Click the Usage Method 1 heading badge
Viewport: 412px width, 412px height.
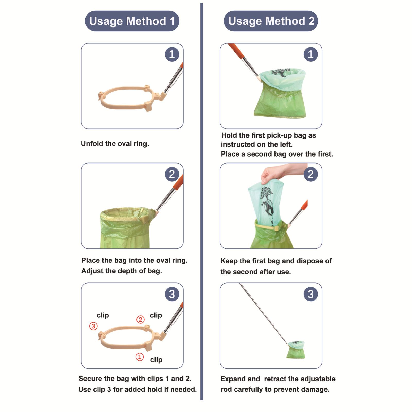tap(132, 21)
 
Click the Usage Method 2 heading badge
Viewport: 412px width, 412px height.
tap(271, 21)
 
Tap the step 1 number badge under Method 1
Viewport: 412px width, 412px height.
tap(172, 54)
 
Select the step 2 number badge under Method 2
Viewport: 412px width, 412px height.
tap(311, 174)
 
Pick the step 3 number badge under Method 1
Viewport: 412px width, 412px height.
tap(172, 294)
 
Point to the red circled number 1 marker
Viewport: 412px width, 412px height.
tap(140, 357)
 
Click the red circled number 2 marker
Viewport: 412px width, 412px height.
tap(140, 320)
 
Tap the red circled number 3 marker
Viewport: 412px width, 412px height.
tap(93, 326)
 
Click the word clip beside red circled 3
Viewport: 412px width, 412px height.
tap(103, 315)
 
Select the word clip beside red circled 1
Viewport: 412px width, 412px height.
tap(156, 360)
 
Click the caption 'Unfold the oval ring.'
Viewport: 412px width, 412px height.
tap(115, 144)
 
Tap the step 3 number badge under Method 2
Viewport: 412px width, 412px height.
tap(311, 294)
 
